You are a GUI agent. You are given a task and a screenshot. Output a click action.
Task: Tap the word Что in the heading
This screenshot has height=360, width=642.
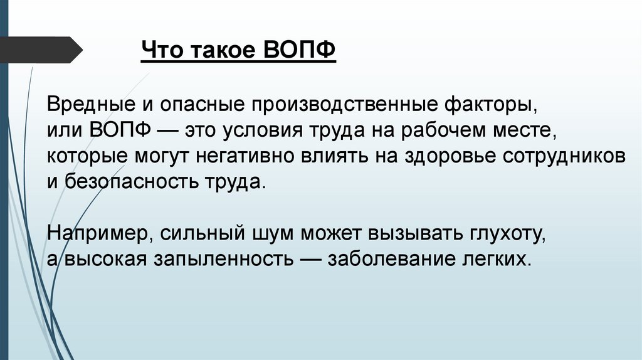tap(160, 50)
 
